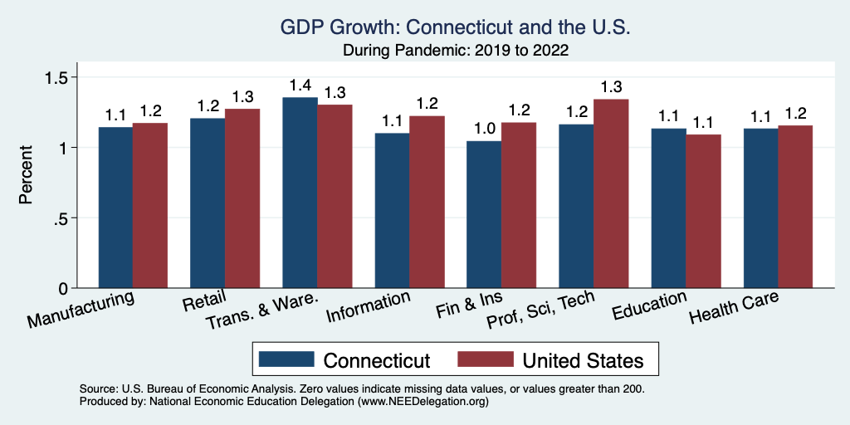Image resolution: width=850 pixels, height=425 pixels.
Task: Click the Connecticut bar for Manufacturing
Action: pyautogui.click(x=115, y=208)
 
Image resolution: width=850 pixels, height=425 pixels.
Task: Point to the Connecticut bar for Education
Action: pyautogui.click(x=668, y=208)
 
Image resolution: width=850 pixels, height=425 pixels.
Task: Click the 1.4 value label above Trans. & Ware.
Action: pyautogui.click(x=300, y=85)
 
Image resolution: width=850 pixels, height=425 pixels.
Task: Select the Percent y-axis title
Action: pyautogui.click(x=27, y=175)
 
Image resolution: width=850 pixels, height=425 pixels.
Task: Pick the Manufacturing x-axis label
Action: pyautogui.click(x=81, y=308)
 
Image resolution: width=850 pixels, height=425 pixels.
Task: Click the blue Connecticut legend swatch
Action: pyautogui.click(x=286, y=359)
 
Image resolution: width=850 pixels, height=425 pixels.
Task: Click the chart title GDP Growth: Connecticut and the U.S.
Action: pyautogui.click(x=456, y=28)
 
